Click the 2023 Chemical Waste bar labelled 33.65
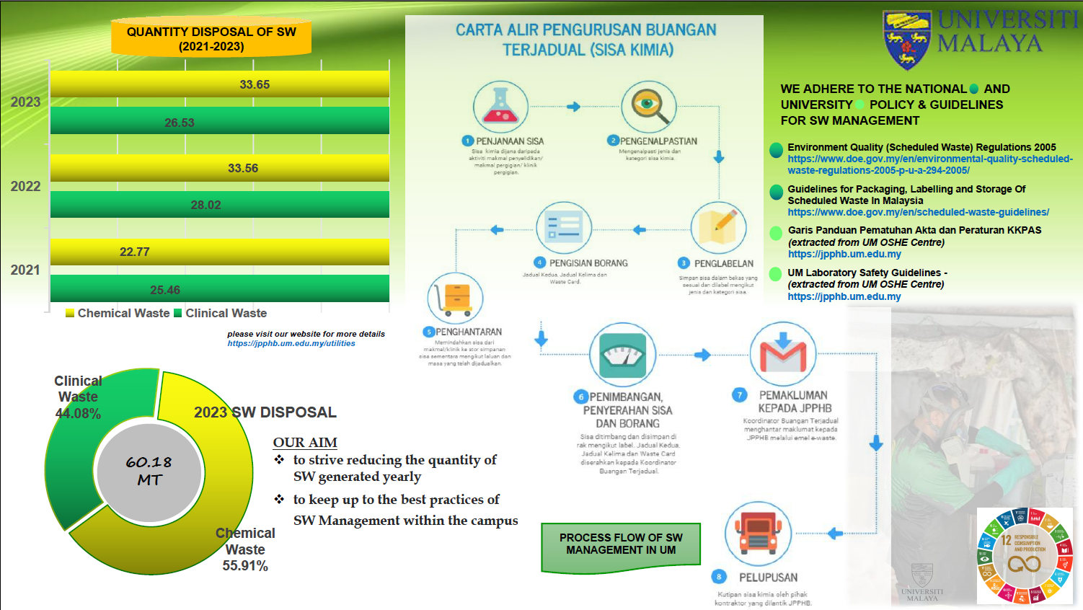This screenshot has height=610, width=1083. pyautogui.click(x=219, y=84)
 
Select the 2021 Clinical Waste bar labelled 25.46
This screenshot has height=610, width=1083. pyautogui.click(x=219, y=289)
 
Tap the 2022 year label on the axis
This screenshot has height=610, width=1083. pyautogui.click(x=25, y=186)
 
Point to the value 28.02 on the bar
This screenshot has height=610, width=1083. pyautogui.click(x=205, y=205)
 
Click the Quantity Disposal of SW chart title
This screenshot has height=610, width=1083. pyautogui.click(x=211, y=39)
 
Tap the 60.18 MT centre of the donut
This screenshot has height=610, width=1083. pyautogui.click(x=149, y=471)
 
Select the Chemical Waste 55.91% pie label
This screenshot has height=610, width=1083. pyautogui.click(x=245, y=549)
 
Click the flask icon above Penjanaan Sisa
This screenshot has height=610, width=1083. pyautogui.click(x=500, y=107)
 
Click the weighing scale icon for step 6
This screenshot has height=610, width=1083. pyautogui.click(x=622, y=354)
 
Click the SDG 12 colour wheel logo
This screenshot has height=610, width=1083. pyautogui.click(x=1025, y=554)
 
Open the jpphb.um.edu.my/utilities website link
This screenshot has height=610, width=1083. pyautogui.click(x=291, y=344)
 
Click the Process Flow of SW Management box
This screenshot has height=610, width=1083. pyautogui.click(x=621, y=544)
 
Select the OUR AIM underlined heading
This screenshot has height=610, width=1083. pyautogui.click(x=305, y=443)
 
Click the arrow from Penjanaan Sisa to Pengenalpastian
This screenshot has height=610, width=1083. pyautogui.click(x=573, y=107)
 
